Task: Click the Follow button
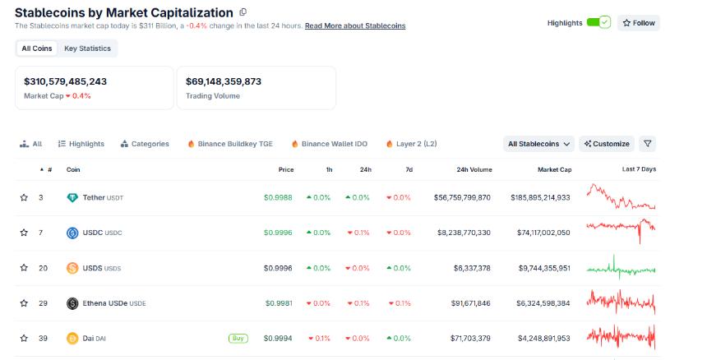pos(639,23)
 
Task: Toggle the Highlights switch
pos(598,22)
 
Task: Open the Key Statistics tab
pos(87,48)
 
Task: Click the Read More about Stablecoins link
pos(354,26)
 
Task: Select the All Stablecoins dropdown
pos(539,144)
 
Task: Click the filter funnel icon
pos(648,144)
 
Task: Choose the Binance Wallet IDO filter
pos(329,144)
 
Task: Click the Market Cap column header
pos(554,169)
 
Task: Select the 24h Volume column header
pos(474,169)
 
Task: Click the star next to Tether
pos(24,198)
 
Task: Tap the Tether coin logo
pos(72,198)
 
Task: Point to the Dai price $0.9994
pos(278,338)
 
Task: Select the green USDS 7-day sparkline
pos(621,268)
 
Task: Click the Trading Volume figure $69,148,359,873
pos(224,81)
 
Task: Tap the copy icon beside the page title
pos(243,12)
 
